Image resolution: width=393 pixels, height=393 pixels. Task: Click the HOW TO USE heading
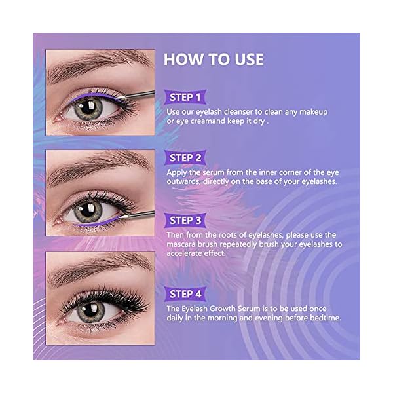coord(214,60)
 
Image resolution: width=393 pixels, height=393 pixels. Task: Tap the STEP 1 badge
coord(185,98)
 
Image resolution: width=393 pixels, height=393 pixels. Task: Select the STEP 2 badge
coord(185,158)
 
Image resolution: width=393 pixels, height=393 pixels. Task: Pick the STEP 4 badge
coord(185,293)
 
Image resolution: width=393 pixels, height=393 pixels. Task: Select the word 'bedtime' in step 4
coord(322,318)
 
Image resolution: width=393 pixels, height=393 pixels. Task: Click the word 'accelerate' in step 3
coord(189,255)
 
